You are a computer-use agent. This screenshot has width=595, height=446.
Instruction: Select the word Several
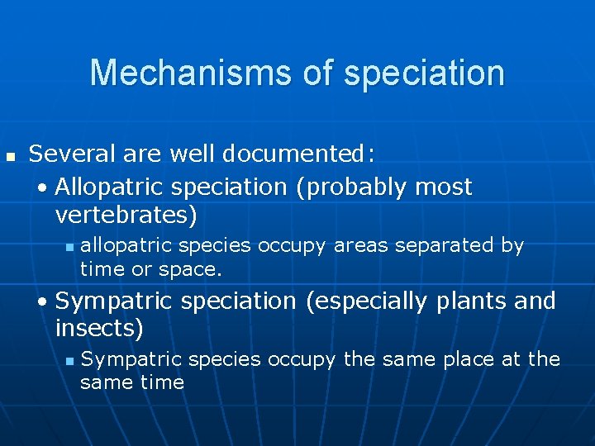[69, 154]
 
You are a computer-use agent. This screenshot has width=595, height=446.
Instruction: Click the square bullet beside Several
[10, 155]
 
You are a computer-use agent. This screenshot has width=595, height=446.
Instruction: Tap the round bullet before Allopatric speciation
[43, 188]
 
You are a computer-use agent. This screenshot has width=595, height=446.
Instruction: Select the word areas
[365, 245]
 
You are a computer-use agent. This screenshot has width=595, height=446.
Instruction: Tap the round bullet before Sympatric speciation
[43, 302]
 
